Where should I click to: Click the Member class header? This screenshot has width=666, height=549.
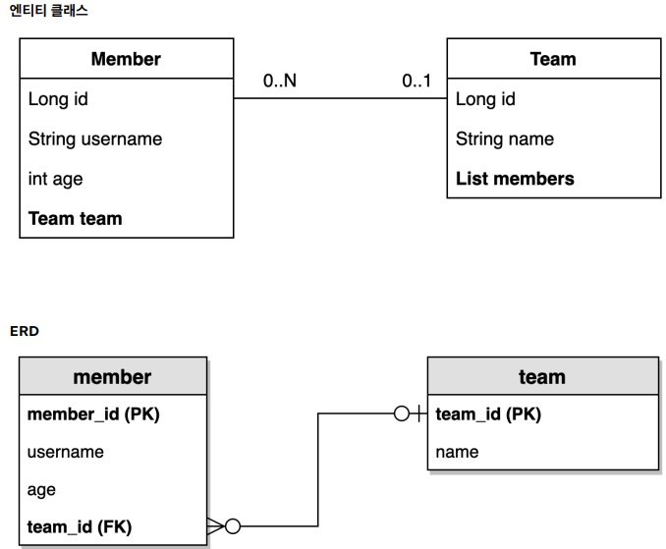(x=126, y=59)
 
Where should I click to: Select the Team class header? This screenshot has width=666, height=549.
(x=553, y=59)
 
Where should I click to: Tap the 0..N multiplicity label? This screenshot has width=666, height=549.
(x=280, y=81)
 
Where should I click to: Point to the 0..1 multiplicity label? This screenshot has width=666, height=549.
(x=416, y=81)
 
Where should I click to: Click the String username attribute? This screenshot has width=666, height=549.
(x=95, y=139)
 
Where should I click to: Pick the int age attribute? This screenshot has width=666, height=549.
(x=55, y=179)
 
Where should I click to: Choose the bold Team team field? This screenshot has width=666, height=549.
(x=76, y=219)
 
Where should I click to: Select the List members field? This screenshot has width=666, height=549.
(x=515, y=179)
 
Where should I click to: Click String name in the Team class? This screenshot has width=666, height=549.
(x=505, y=139)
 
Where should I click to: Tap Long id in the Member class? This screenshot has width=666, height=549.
(x=58, y=99)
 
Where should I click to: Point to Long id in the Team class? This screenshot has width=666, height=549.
(x=485, y=99)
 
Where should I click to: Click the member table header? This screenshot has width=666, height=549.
(x=113, y=376)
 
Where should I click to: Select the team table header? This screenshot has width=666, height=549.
(x=543, y=376)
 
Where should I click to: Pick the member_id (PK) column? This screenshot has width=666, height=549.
(x=93, y=414)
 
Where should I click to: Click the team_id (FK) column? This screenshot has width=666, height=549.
(x=80, y=527)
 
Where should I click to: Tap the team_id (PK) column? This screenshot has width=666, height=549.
(x=488, y=414)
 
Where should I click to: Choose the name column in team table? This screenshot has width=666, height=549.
(x=457, y=452)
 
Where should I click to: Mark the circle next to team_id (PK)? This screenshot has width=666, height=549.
(x=402, y=413)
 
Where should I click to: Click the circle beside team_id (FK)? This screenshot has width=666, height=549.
(x=233, y=526)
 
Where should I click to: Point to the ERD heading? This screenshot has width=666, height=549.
(x=25, y=331)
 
